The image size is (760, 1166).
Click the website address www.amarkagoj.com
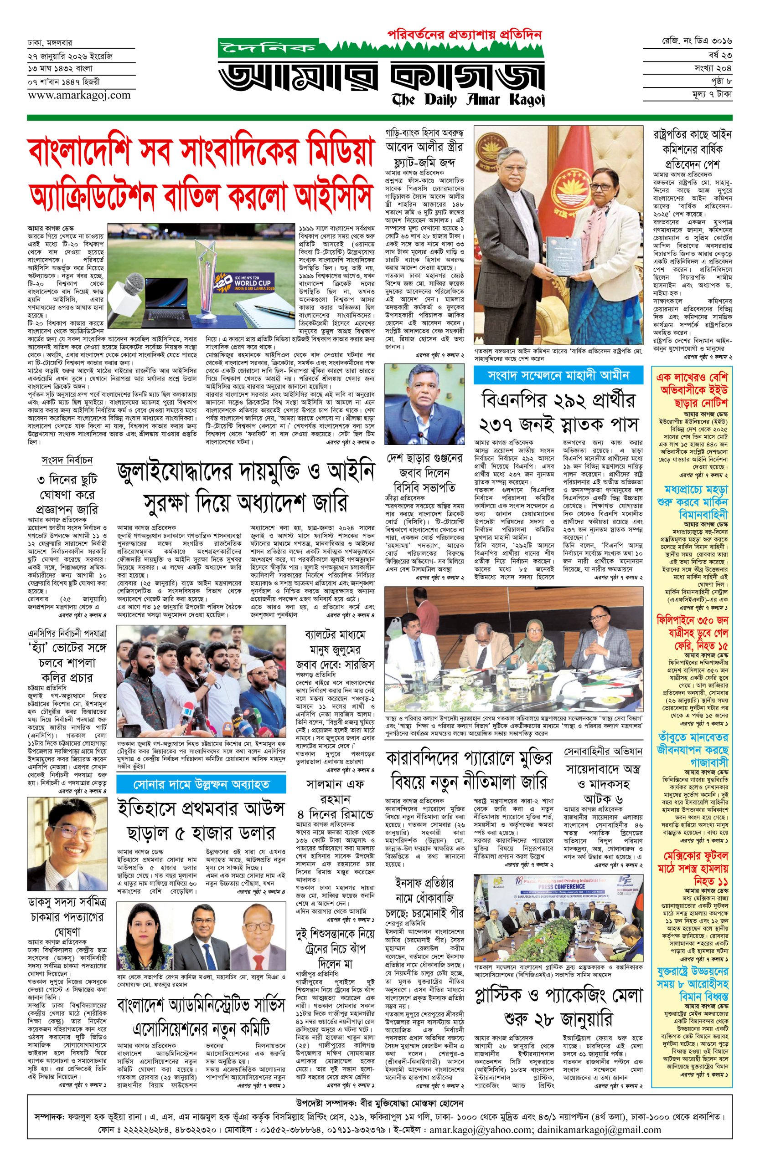point(79,95)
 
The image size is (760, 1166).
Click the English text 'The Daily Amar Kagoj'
point(468,99)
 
